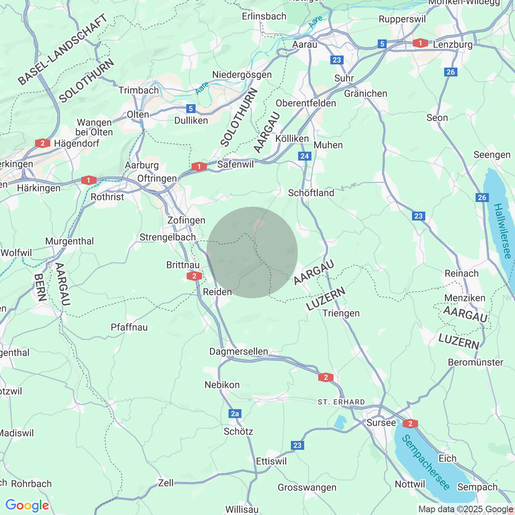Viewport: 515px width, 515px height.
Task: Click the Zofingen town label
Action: coord(186,220)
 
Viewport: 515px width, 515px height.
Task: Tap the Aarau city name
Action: coord(305,44)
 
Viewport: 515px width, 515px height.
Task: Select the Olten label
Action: coord(138,114)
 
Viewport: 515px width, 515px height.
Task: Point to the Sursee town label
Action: coord(381,422)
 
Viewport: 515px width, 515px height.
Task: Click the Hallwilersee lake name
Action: coord(503,231)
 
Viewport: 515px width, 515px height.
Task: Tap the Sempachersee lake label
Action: coord(426,462)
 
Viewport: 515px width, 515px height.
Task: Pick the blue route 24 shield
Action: coord(305,156)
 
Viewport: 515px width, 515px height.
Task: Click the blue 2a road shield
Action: coord(235,413)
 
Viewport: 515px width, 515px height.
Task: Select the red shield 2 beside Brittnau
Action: coord(194,276)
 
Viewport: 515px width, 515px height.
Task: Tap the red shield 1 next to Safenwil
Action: coord(199,166)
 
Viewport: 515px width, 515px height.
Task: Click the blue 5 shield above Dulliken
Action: coord(191,108)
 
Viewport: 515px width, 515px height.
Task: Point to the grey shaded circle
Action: coord(252,252)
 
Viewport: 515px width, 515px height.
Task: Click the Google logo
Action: coord(27,505)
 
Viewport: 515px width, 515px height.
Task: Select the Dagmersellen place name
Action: coord(239,351)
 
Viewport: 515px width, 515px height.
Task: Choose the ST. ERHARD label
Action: coord(341,402)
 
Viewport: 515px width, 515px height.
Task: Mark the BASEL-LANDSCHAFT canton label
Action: coord(62,49)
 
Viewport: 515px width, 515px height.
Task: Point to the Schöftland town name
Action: coord(311,193)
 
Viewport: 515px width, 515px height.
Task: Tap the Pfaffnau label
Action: coord(129,327)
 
